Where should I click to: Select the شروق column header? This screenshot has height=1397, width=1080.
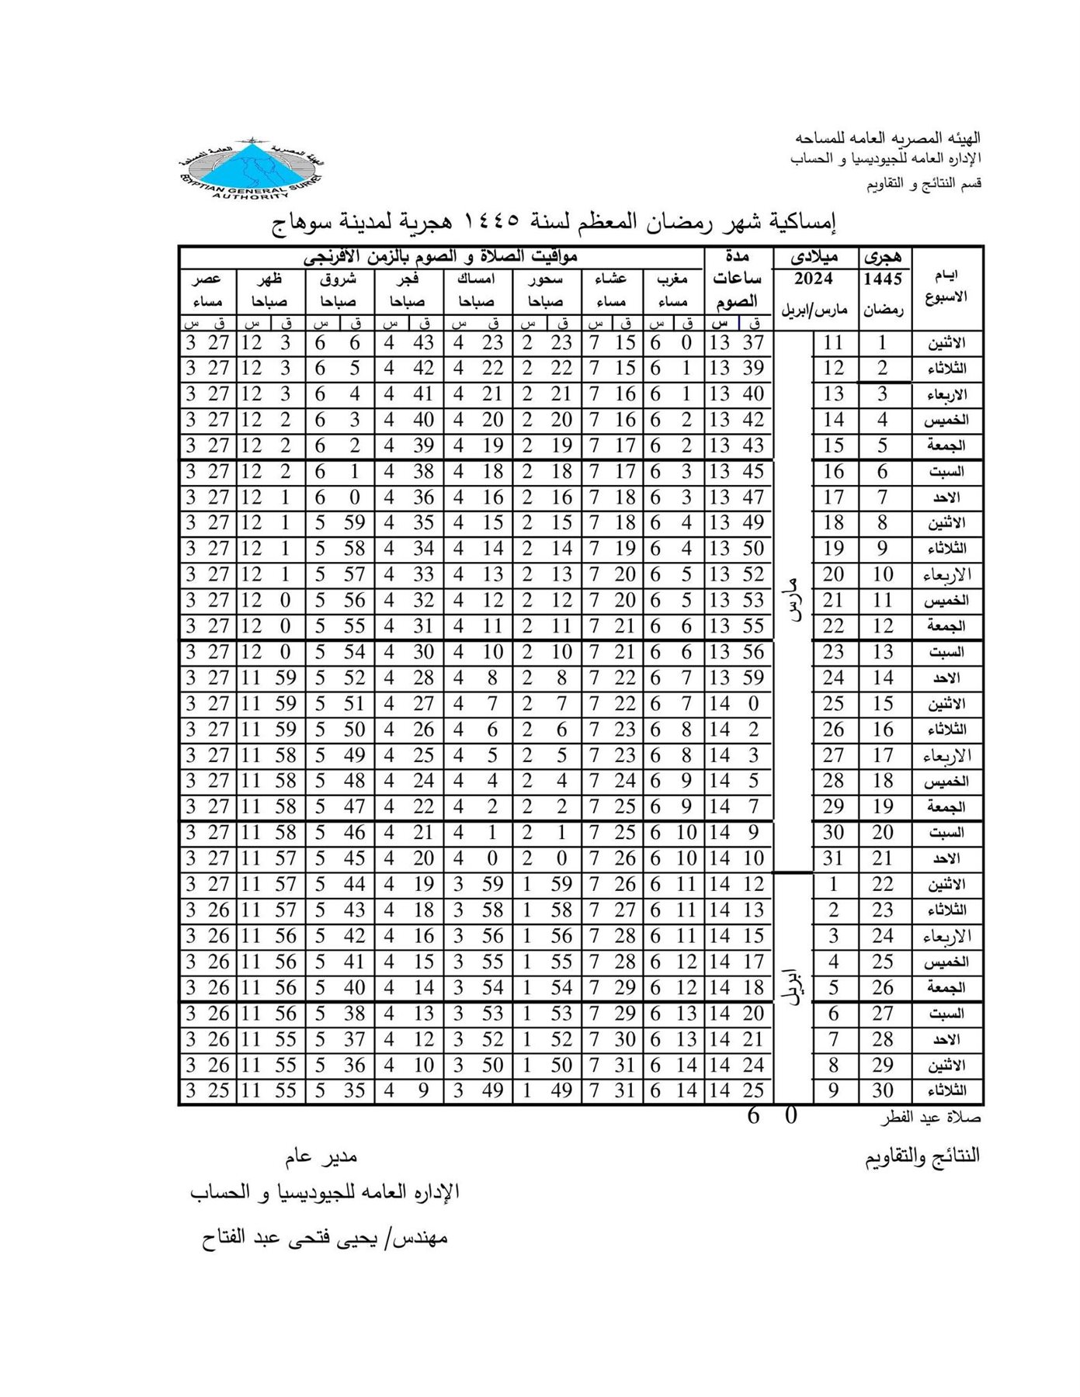point(339,279)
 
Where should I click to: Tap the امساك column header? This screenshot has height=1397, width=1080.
point(477,279)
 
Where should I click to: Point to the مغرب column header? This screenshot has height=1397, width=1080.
point(673,279)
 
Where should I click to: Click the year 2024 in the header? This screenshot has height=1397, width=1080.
point(813,279)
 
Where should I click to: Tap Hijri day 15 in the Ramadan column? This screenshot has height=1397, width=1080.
point(883,704)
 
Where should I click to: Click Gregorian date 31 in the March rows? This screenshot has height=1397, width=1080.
point(833,858)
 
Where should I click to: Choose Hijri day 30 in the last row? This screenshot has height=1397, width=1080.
point(883,1090)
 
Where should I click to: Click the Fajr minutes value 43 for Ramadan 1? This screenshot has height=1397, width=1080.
point(424,343)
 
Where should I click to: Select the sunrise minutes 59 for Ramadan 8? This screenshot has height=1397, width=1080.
point(354,523)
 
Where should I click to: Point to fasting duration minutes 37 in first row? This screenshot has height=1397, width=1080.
point(753,343)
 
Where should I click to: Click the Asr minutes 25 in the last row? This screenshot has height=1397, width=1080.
point(219,1090)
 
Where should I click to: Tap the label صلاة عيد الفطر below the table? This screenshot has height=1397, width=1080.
point(930,1119)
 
